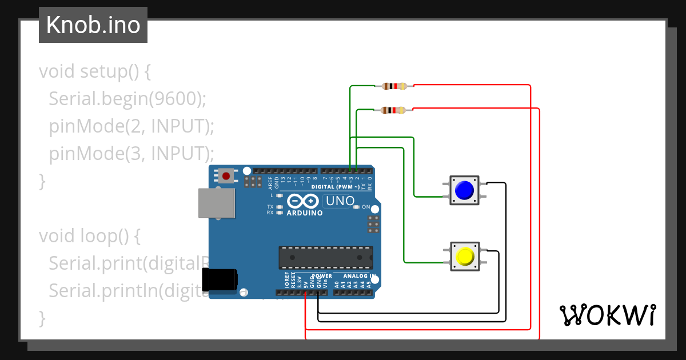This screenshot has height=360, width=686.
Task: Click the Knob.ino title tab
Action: click(x=93, y=25)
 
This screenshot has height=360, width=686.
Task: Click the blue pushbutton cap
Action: click(x=465, y=190)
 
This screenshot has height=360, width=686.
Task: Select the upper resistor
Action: click(x=394, y=86)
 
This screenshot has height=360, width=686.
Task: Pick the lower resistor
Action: click(x=393, y=110)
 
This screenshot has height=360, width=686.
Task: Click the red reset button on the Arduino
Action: click(x=226, y=176)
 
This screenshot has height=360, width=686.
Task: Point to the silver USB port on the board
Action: click(x=216, y=203)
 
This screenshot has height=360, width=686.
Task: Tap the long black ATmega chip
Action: click(x=325, y=258)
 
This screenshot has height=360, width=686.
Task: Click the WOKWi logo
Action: click(x=607, y=315)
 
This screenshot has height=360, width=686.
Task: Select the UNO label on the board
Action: click(x=340, y=201)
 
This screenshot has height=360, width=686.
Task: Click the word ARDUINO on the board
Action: click(x=304, y=213)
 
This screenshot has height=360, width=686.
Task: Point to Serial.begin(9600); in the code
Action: click(x=127, y=99)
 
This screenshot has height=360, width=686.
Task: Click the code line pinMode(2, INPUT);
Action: click(x=131, y=126)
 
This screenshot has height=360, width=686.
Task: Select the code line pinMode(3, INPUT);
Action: click(x=131, y=154)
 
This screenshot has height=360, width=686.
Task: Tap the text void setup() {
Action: click(x=95, y=71)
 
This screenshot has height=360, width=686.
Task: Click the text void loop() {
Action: click(x=89, y=235)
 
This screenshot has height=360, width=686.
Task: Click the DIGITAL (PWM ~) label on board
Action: click(x=336, y=187)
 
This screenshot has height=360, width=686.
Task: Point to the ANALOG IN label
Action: click(x=359, y=276)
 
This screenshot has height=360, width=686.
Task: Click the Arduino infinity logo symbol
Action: click(x=303, y=201)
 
